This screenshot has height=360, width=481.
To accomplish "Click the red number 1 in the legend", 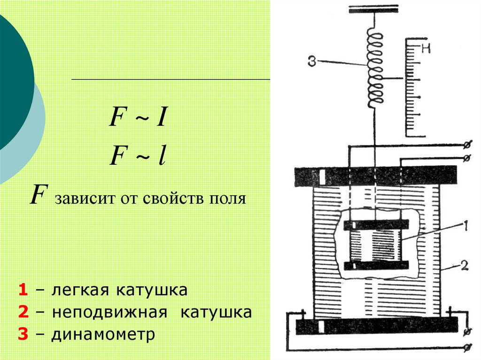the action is pos(23,290).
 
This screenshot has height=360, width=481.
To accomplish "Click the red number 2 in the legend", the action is pos(23,312).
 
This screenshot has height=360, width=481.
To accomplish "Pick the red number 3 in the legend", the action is pos(23,335).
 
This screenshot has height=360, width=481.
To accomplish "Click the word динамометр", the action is pos(103,335).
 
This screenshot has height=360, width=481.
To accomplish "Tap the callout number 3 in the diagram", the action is pos(312,61).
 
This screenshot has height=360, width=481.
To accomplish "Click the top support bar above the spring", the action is pos(373,9).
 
